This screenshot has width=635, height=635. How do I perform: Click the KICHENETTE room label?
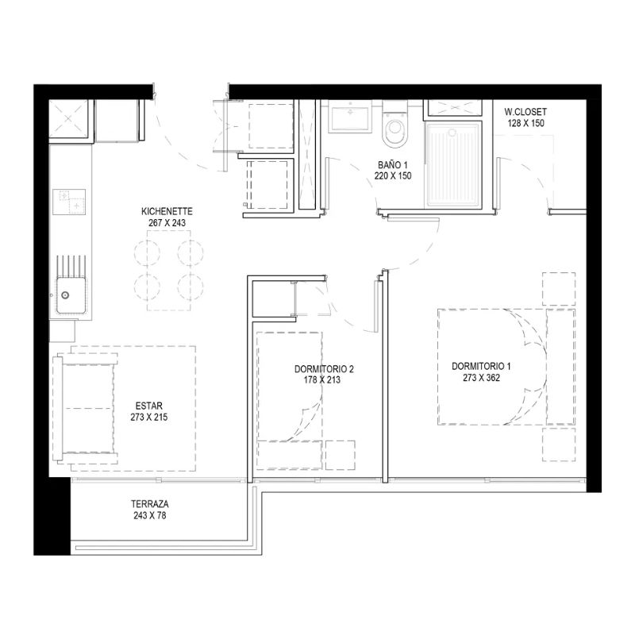tap(167, 211)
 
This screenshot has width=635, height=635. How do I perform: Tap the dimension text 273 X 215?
tap(149, 418)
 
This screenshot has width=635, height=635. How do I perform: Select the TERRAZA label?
tap(150, 504)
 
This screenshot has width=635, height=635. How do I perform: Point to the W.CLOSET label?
tap(525, 112)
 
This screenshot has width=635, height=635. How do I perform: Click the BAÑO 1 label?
tap(393, 165)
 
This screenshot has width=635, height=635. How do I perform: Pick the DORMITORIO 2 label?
tap(324, 369)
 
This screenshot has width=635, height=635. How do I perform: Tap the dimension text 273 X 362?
tap(482, 378)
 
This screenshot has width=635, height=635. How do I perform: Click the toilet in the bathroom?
tap(394, 125)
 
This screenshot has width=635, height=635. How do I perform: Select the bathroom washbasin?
tap(350, 117)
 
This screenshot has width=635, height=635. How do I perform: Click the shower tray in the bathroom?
tap(453, 165)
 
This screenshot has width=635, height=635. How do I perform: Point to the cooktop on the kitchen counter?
tap(69, 202)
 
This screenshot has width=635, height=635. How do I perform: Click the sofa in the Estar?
tap(86, 409)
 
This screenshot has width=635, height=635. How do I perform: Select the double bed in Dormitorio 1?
tap(506, 367)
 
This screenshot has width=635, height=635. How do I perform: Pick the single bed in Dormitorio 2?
tap(290, 401)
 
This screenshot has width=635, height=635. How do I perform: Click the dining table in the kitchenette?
tap(169, 271)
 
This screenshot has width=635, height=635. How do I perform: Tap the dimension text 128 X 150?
tap(526, 123)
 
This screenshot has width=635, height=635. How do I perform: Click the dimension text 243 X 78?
tap(150, 515)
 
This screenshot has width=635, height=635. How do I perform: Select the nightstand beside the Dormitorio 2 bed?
tap(341, 455)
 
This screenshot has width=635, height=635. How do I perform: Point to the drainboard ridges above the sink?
tap(71, 266)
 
